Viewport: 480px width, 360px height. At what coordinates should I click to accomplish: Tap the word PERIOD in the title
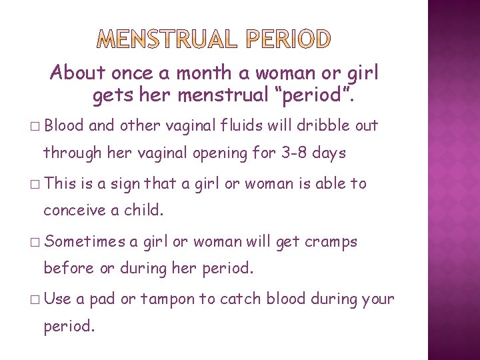click(x=289, y=40)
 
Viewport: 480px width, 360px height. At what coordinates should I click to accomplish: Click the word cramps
click(x=331, y=241)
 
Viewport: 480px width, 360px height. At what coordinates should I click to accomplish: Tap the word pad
click(x=102, y=299)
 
